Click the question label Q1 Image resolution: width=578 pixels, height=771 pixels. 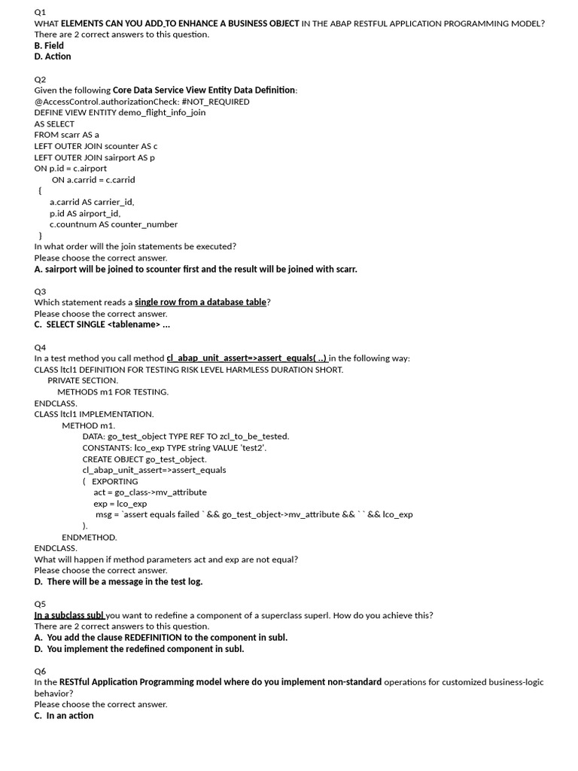pyautogui.click(x=40, y=12)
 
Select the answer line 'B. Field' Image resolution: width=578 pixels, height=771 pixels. pyautogui.click(x=49, y=45)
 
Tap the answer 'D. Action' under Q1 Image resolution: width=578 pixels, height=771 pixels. pyautogui.click(x=53, y=56)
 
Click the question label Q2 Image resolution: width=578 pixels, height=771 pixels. pyautogui.click(x=40, y=79)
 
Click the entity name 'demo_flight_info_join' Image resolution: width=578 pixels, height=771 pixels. pyautogui.click(x=162, y=112)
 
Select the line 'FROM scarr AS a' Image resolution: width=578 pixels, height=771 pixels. pyautogui.click(x=66, y=135)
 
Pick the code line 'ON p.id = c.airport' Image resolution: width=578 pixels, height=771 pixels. pyautogui.click(x=71, y=168)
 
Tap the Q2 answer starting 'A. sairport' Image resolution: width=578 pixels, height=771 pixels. pyautogui.click(x=196, y=269)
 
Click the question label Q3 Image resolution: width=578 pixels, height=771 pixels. pyautogui.click(x=40, y=291)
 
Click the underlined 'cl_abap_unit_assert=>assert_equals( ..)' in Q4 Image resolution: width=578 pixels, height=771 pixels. pyautogui.click(x=247, y=358)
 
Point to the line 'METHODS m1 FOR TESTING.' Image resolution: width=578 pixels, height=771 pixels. pyautogui.click(x=113, y=392)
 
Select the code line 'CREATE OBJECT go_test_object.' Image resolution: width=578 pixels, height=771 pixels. pyautogui.click(x=144, y=459)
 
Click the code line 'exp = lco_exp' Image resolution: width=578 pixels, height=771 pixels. pyautogui.click(x=120, y=503)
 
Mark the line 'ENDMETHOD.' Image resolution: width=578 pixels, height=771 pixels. pyautogui.click(x=90, y=537)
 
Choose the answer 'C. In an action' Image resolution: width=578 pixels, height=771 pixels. pyautogui.click(x=64, y=715)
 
